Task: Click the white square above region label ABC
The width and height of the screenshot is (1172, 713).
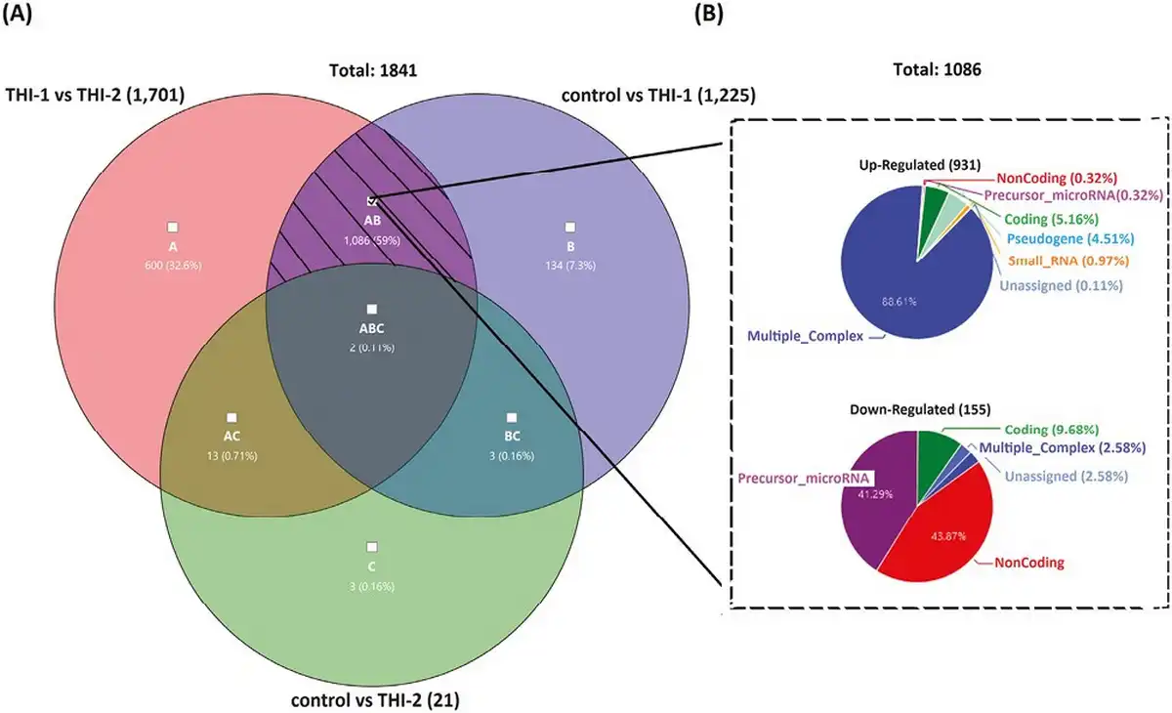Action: pyautogui.click(x=371, y=309)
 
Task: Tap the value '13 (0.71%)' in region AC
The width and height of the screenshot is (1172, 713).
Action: pyautogui.click(x=231, y=455)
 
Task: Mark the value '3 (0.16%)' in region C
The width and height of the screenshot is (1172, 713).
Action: pyautogui.click(x=371, y=585)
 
